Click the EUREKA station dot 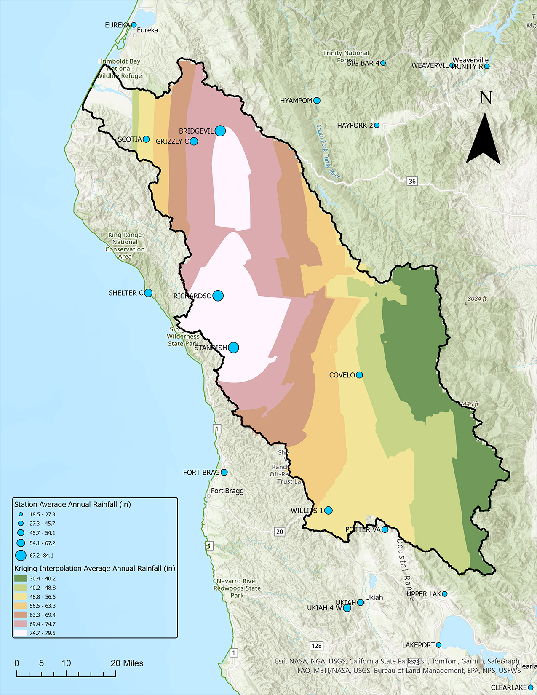(134, 25)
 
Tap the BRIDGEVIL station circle (220, 131)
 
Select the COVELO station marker (359, 375)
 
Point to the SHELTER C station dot (148, 293)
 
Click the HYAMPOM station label (296, 101)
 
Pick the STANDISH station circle (233, 347)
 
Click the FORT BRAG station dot (224, 473)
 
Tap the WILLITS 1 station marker (329, 511)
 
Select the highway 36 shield (412, 182)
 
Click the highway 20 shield (280, 532)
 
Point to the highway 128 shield (316, 646)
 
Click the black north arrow (483, 139)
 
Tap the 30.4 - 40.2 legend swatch (21, 579)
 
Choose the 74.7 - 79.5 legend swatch (21, 633)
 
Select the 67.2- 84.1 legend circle (21, 555)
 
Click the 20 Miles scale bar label (127, 663)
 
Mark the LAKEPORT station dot (438, 645)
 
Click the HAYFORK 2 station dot (377, 126)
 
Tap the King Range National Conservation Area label (125, 246)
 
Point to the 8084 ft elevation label (477, 299)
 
